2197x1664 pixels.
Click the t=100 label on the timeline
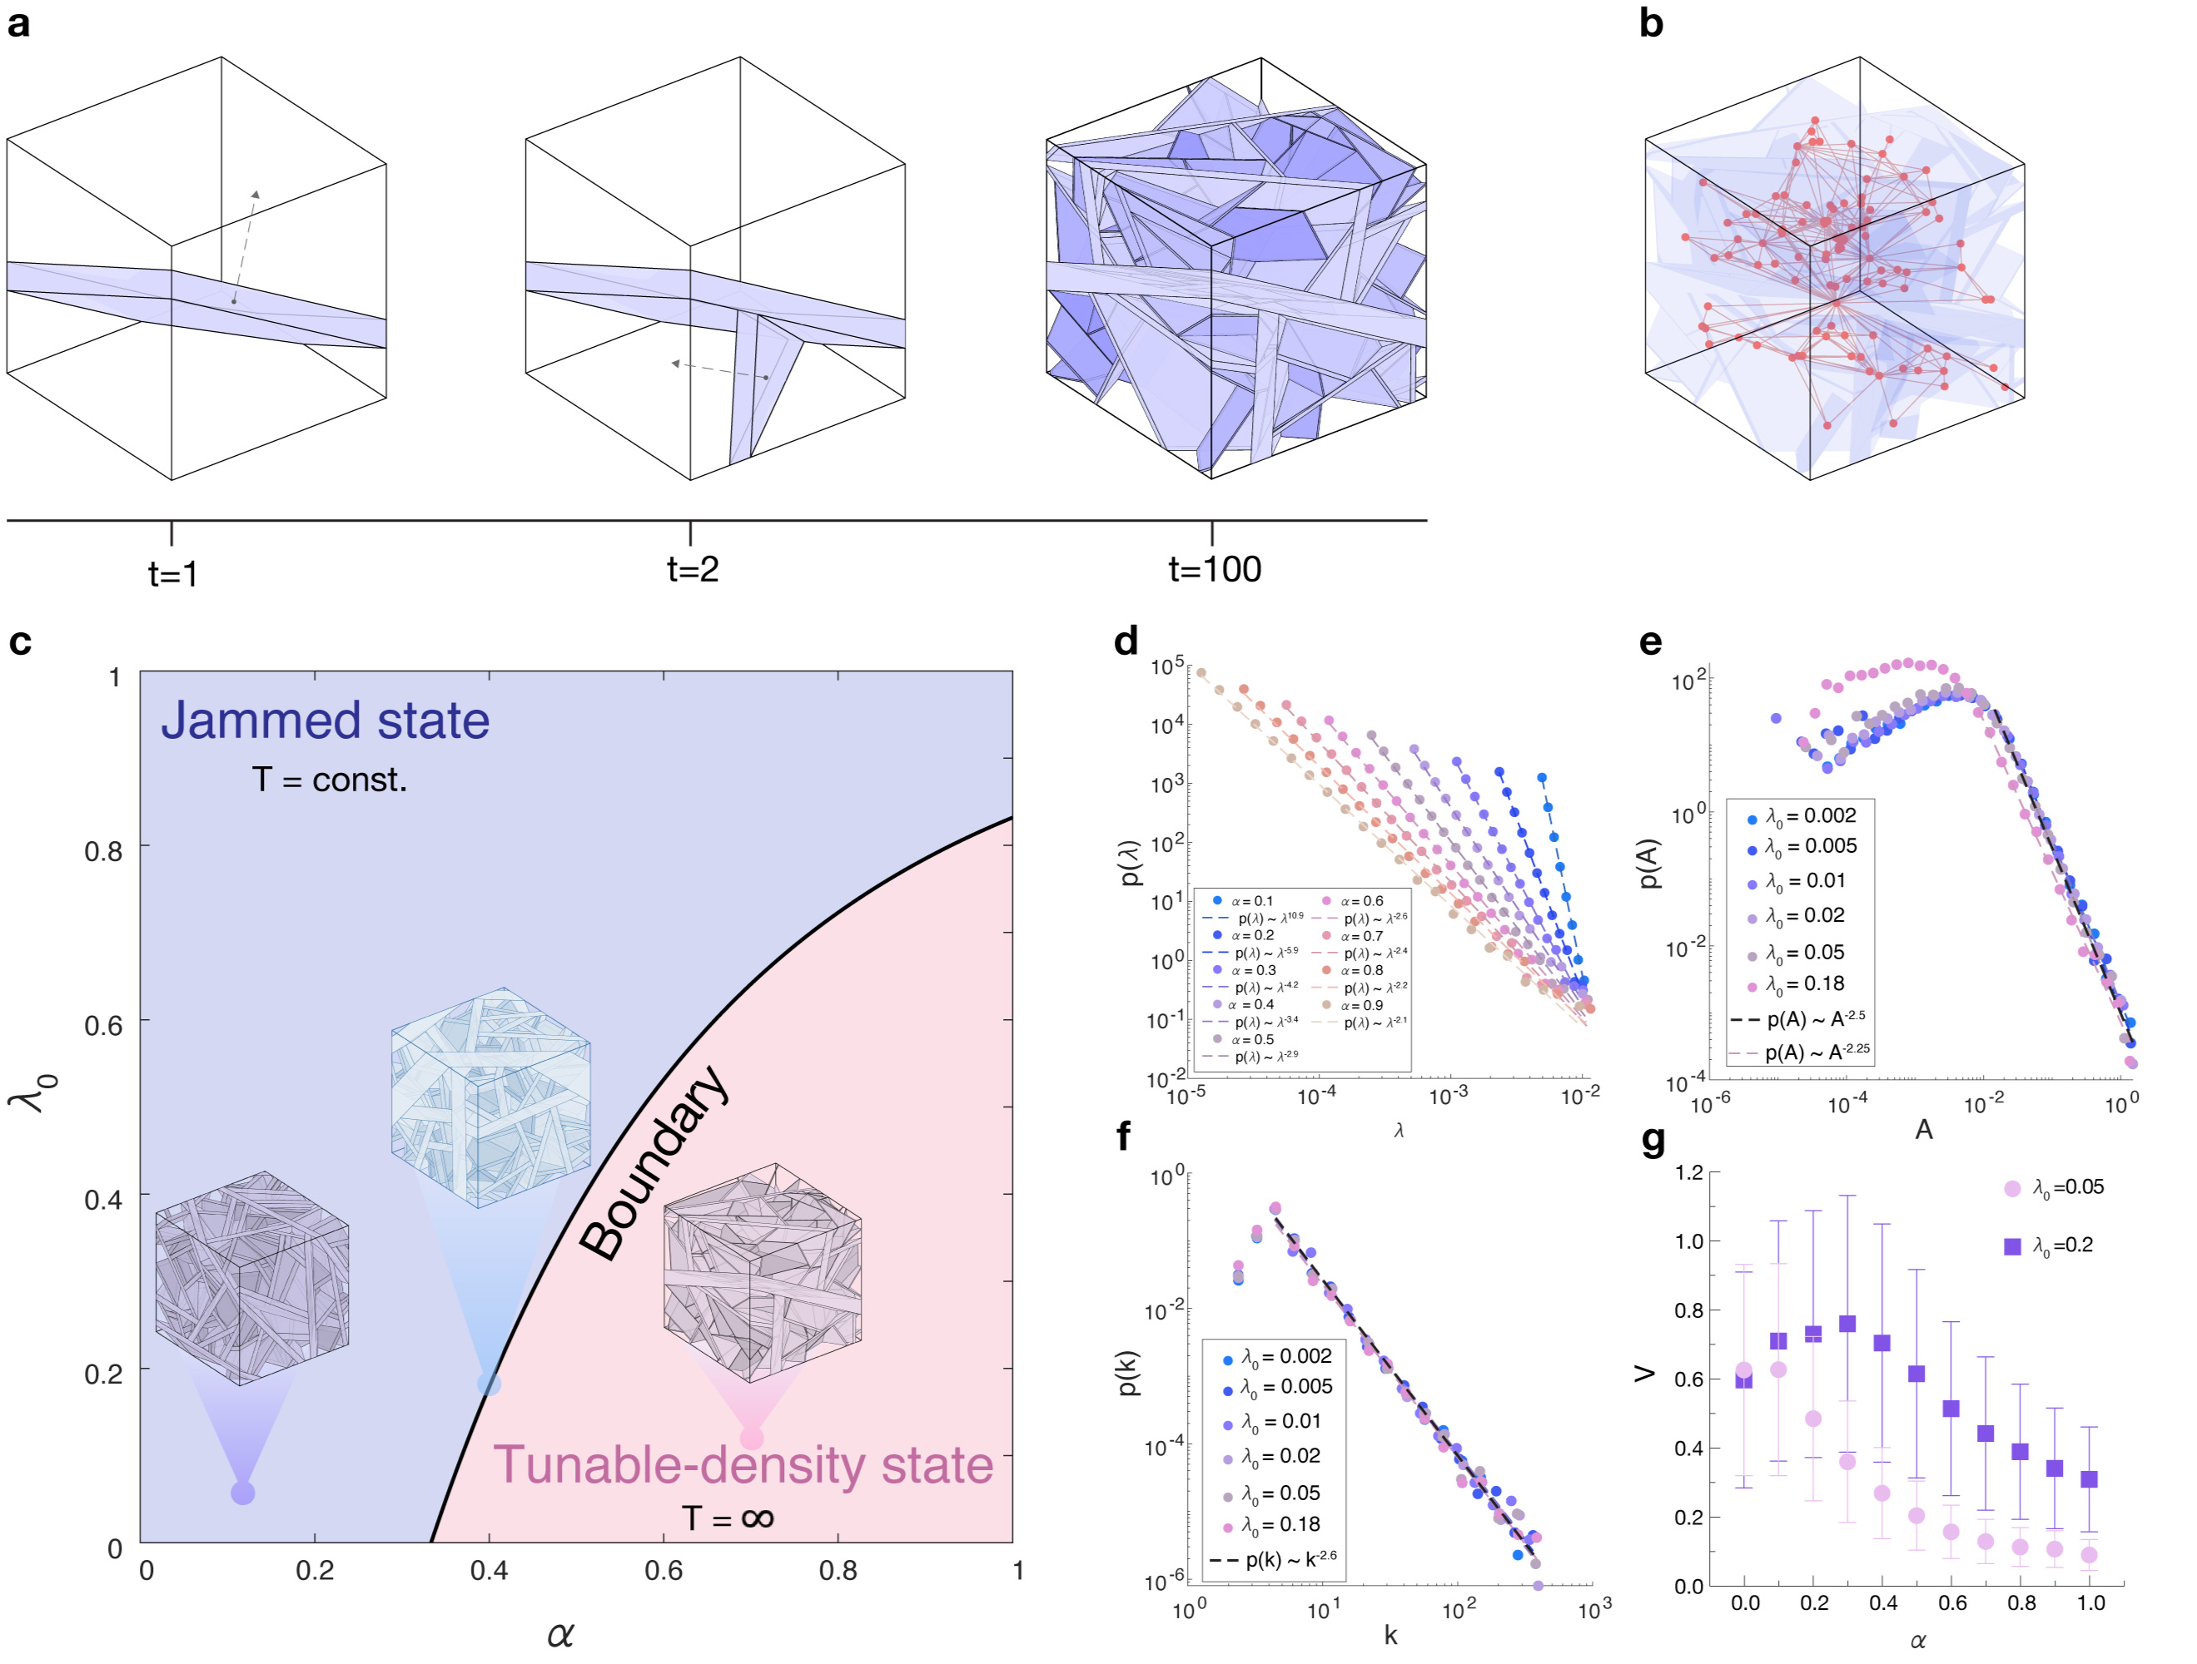1214,569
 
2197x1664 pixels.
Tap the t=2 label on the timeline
693,569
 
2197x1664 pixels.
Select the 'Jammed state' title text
325,720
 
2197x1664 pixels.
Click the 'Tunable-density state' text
743,1464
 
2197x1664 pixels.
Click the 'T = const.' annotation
330,780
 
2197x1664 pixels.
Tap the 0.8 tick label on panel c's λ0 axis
103,851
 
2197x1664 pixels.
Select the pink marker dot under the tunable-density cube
752,1438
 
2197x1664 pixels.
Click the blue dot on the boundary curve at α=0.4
489,1383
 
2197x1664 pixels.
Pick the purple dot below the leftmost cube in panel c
242,1493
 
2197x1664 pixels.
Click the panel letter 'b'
1651,22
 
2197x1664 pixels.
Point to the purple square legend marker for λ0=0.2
2012,1246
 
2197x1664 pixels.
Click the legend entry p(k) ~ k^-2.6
1275,1560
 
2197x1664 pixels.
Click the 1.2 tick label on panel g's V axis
1689,1172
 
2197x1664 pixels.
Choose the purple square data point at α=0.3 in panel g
1847,1324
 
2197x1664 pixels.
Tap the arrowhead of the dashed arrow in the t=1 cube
256,195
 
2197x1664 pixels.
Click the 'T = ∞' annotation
727,1517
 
